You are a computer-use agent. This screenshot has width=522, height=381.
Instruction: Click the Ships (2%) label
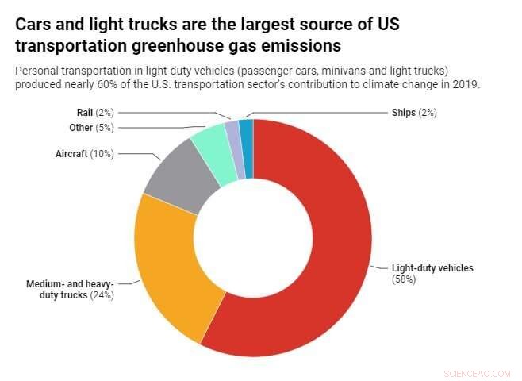[413, 113]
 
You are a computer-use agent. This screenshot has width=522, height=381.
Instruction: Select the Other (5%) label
[92, 127]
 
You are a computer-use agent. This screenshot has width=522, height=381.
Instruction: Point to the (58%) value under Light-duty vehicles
[403, 279]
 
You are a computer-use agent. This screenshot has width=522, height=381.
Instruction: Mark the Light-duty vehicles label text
[432, 268]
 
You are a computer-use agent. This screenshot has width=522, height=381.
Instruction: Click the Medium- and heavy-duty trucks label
[71, 290]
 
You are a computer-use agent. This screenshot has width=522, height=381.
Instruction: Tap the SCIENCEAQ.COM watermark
[478, 371]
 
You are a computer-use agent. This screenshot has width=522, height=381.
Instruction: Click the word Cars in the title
[33, 24]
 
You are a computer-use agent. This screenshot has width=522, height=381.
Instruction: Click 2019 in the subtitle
[464, 84]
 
